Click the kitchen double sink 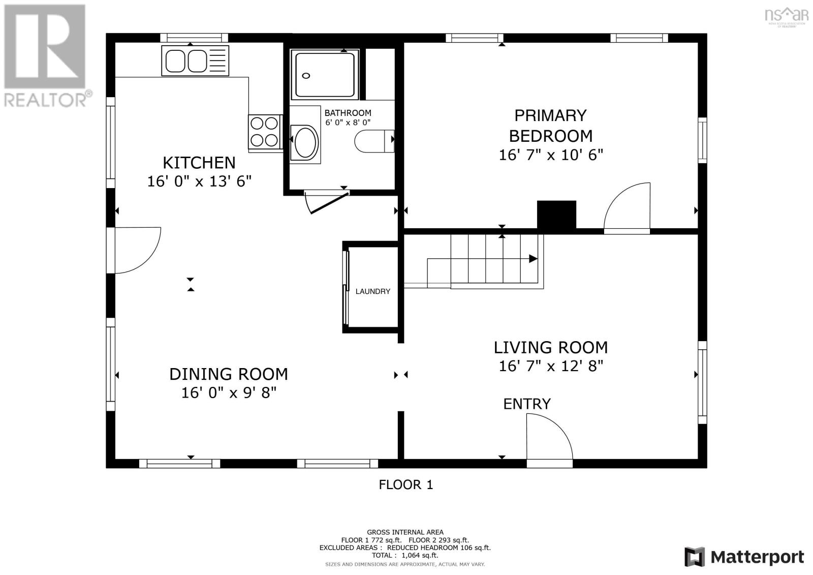(195, 60)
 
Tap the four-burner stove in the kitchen (265, 132)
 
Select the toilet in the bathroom (374, 141)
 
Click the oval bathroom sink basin (305, 142)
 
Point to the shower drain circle (306, 76)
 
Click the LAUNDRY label (373, 291)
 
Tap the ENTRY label (526, 404)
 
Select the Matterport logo (744, 557)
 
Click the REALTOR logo (46, 56)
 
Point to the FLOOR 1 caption (406, 485)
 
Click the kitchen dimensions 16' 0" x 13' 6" (199, 181)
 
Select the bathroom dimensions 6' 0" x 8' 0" (348, 123)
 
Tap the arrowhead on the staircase (533, 259)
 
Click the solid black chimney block (556, 215)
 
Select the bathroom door (327, 203)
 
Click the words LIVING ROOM (551, 348)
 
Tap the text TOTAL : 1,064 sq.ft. (405, 555)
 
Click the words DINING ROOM (229, 374)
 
